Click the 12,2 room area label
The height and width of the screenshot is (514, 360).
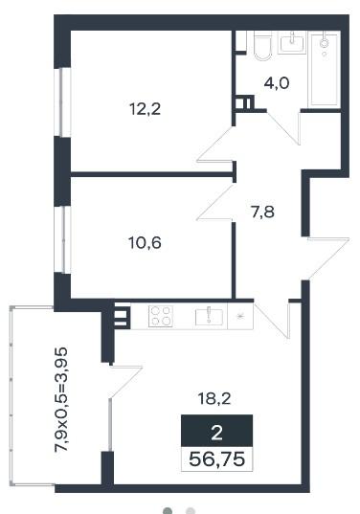pyautogui.click(x=146, y=109)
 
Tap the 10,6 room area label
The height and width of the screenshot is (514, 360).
pyautogui.click(x=145, y=243)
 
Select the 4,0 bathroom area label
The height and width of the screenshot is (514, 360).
pyautogui.click(x=277, y=83)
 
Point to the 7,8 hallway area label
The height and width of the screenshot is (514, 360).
pyautogui.click(x=262, y=212)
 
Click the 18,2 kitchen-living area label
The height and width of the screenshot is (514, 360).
pyautogui.click(x=214, y=398)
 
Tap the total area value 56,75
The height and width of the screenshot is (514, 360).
pyautogui.click(x=217, y=458)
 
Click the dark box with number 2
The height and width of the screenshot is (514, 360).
pyautogui.click(x=216, y=431)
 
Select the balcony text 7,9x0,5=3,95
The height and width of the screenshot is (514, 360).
pyautogui.click(x=61, y=400)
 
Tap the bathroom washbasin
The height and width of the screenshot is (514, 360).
pyautogui.click(x=292, y=43)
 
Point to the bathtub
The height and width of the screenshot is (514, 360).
pyautogui.click(x=324, y=70)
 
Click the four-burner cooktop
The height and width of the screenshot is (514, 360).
pyautogui.click(x=161, y=316)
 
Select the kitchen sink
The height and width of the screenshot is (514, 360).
pyautogui.click(x=209, y=317)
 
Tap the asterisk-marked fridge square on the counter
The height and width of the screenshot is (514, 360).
pyautogui.click(x=240, y=316)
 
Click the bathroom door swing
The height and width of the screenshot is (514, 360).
pyautogui.click(x=284, y=128)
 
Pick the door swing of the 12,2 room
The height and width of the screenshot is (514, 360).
pyautogui.click(x=215, y=145)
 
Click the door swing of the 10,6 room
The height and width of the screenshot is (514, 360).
pyautogui.click(x=215, y=202)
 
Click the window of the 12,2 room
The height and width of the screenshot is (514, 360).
pyautogui.click(x=62, y=102)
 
